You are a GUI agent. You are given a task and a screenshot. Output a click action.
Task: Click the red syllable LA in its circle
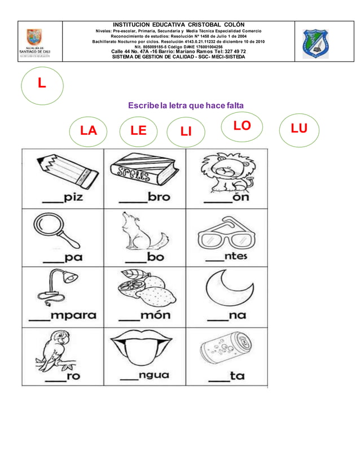tap(89, 131)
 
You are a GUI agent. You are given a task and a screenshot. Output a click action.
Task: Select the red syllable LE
tap(138, 131)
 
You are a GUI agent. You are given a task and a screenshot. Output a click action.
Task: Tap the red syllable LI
tap(186, 132)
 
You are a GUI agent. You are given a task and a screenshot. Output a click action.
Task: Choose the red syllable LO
tap(242, 126)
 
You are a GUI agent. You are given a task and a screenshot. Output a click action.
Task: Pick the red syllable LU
tap(299, 129)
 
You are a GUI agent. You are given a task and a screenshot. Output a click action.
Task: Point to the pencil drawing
tap(63, 170)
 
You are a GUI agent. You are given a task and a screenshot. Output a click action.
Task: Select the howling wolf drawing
tap(143, 231)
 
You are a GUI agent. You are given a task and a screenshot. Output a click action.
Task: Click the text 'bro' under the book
tap(159, 197)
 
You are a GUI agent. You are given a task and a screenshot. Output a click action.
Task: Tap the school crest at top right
tap(319, 43)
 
